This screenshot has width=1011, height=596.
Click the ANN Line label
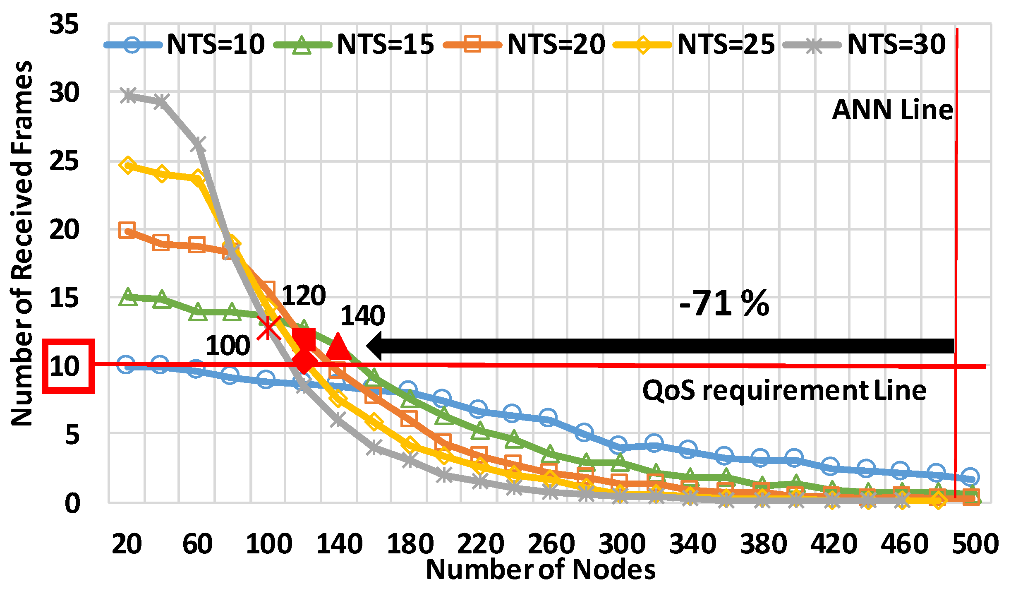point(893,110)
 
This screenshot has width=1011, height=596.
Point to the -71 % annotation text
point(724,303)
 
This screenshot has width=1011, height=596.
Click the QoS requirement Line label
point(784,390)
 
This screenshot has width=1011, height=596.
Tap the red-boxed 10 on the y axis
point(66,366)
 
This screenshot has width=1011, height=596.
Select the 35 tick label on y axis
point(64,24)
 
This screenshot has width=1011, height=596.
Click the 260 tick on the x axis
point(551,544)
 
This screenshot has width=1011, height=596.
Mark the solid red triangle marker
point(338,346)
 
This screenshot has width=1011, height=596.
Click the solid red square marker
point(304,339)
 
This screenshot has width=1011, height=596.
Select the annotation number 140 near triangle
point(363,316)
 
